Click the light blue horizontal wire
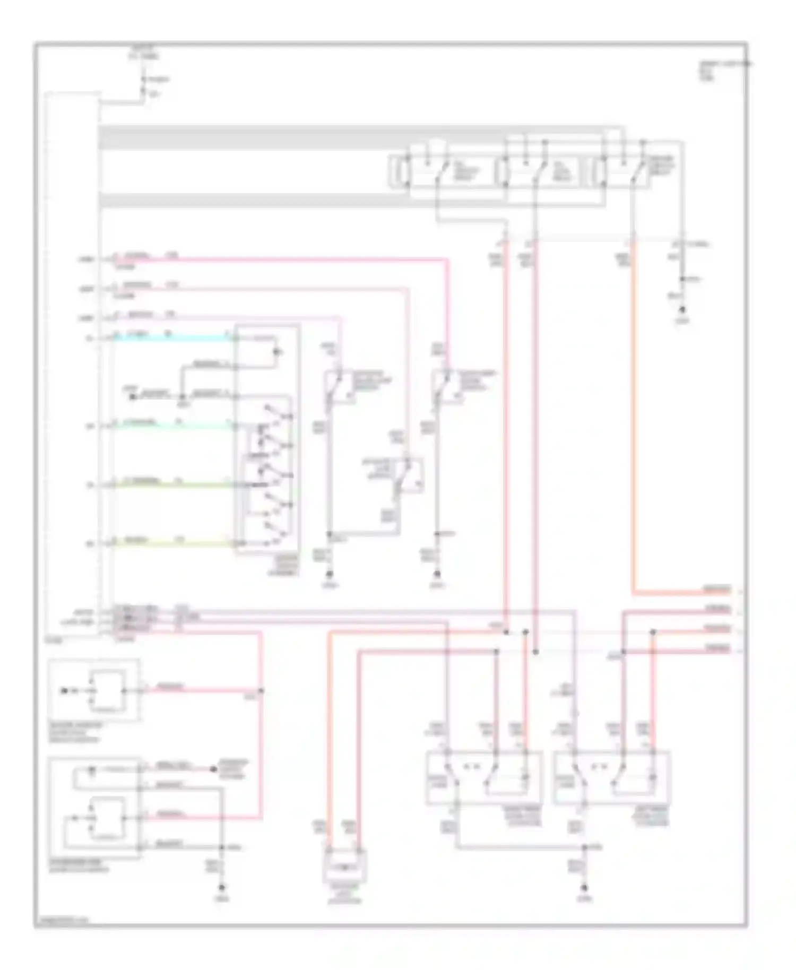pyautogui.click(x=175, y=338)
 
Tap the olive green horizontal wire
pyautogui.click(x=175, y=484)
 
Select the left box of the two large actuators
pyautogui.click(x=484, y=777)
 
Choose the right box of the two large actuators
pyautogui.click(x=611, y=777)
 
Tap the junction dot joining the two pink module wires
pyautogui.click(x=261, y=691)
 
